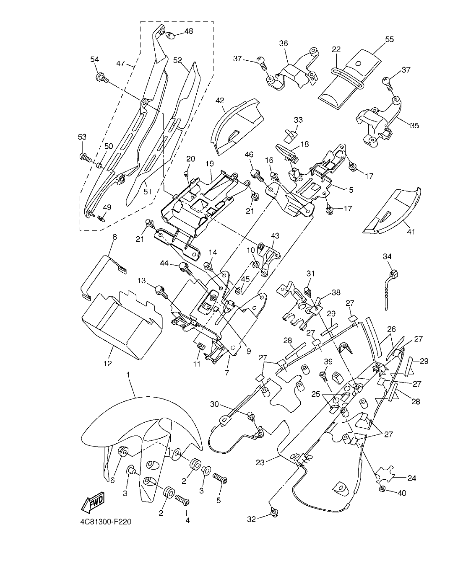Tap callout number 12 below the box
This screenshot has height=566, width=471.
point(108,363)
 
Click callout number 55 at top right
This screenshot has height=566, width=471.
point(389,39)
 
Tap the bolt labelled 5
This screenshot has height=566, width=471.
point(220,478)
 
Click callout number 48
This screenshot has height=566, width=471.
point(188,31)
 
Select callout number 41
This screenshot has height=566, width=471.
point(410,231)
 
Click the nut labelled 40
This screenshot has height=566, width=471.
point(383,489)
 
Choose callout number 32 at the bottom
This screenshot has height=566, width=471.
point(251,519)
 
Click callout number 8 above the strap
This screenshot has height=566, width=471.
point(114,237)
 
